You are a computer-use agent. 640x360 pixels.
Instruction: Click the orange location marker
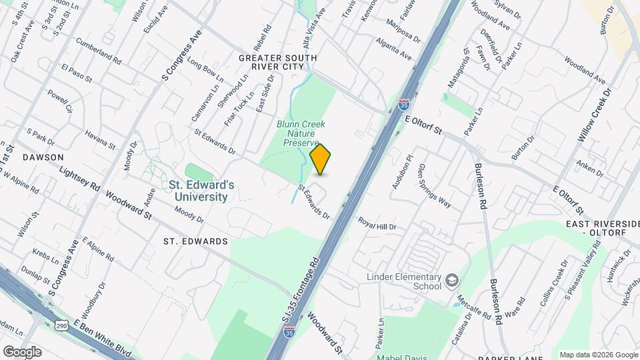coord(321,159)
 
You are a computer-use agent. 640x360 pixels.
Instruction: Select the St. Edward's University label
coord(201,191)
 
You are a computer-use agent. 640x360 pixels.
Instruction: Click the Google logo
coord(21,352)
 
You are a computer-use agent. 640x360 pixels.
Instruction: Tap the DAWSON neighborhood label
coord(43,157)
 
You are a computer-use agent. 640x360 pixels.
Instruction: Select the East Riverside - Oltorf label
coord(602,229)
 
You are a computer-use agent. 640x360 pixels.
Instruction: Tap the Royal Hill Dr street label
coord(377,223)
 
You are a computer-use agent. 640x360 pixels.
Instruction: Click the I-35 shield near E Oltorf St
coord(403,104)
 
